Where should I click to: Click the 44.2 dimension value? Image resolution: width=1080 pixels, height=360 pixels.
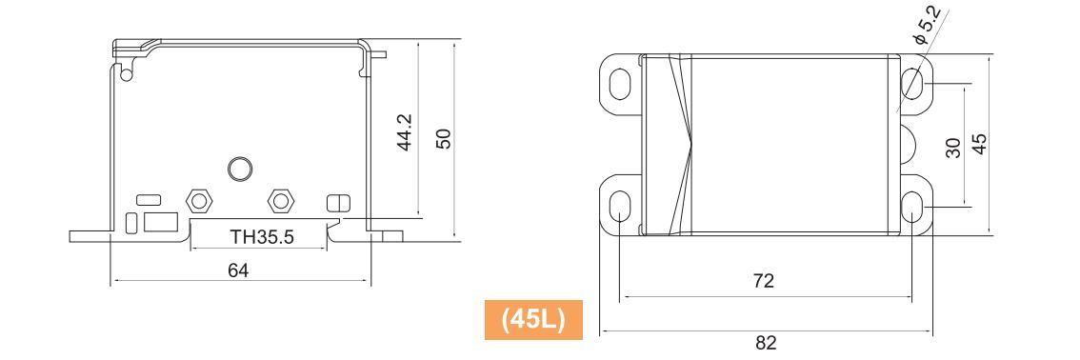(405, 132)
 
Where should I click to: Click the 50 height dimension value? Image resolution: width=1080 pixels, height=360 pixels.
(444, 138)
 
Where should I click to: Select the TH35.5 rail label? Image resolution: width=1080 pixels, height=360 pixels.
(263, 237)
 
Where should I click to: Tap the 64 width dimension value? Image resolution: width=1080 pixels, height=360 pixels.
(238, 270)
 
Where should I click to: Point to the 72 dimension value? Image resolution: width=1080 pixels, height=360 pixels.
(764, 281)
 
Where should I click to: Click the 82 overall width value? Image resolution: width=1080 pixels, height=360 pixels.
(766, 342)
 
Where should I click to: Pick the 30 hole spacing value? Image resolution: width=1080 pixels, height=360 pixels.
(953, 148)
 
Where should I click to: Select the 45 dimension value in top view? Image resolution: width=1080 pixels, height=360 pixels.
(979, 144)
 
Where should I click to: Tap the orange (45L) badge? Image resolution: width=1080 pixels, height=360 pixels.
(533, 320)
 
